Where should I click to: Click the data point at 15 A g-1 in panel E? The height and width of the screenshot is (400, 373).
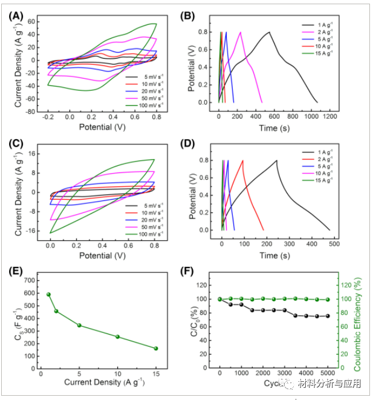tap(156, 349)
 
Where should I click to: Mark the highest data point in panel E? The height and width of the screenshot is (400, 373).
tap(48, 294)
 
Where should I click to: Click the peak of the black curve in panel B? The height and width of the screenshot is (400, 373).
tap(269, 32)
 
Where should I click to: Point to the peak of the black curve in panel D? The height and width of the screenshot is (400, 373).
tap(277, 160)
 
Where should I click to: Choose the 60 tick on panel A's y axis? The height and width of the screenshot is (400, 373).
tap(36, 21)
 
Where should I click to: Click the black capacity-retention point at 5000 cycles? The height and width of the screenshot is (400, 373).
tap(328, 316)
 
